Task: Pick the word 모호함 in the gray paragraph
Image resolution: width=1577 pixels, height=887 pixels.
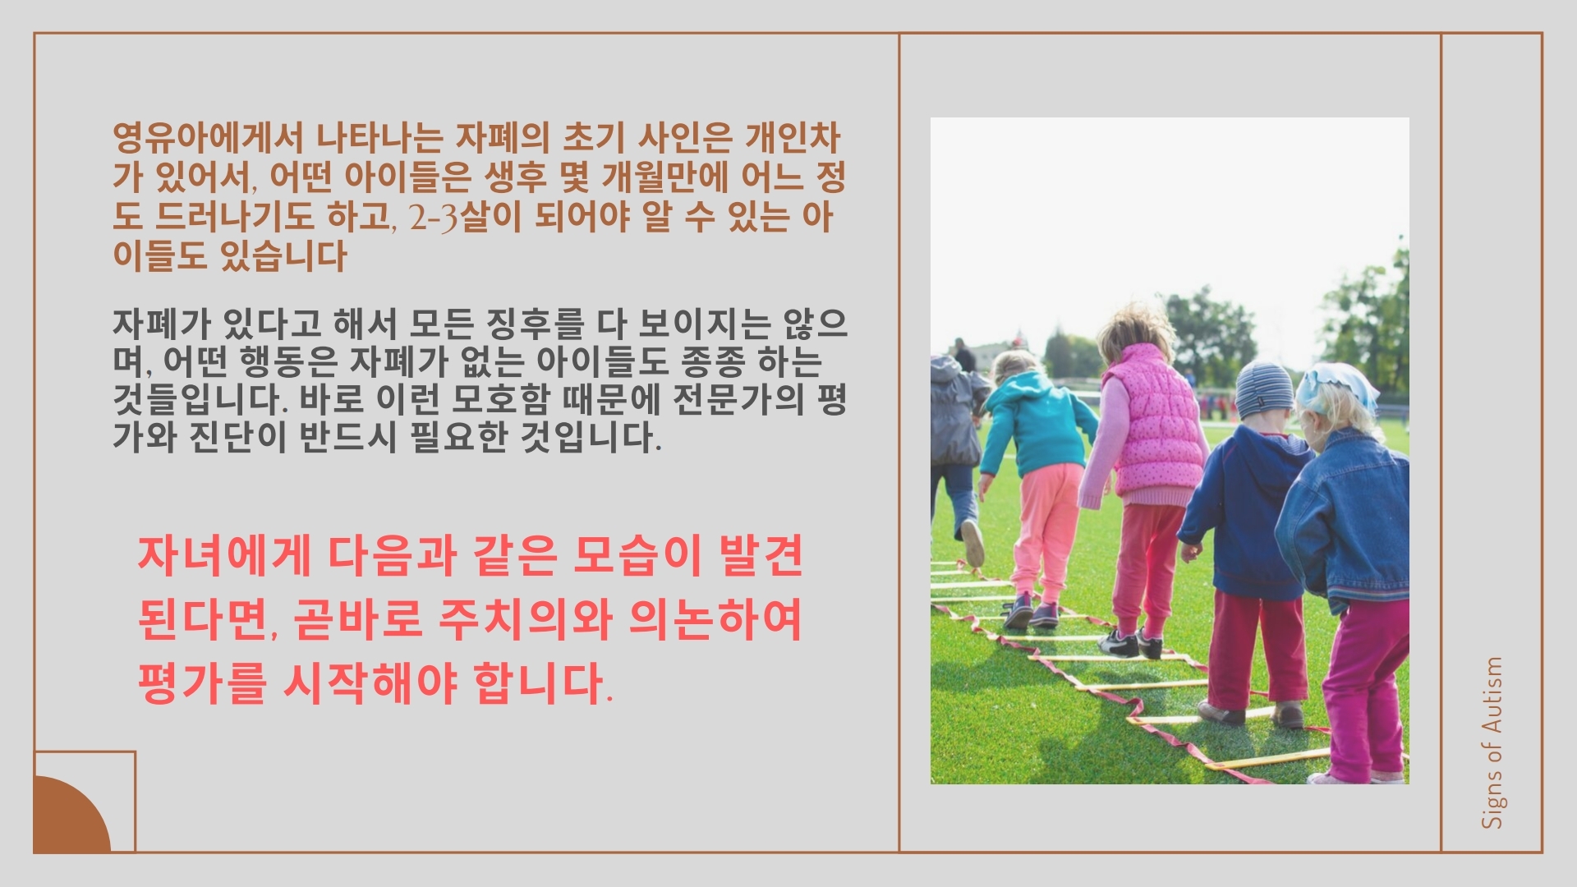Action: click(500, 400)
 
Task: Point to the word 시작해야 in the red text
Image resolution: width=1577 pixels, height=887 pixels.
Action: click(370, 683)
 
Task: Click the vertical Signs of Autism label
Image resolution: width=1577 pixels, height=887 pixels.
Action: click(1493, 742)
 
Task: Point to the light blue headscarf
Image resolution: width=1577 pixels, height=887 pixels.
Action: click(1337, 384)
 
